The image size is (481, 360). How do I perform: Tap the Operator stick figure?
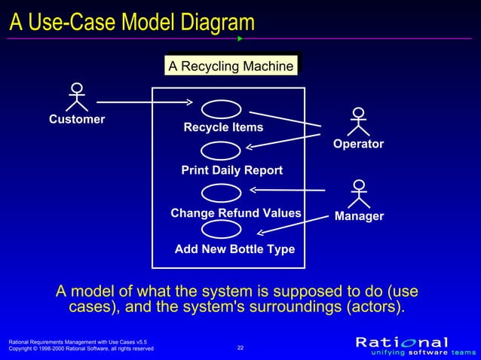(358, 122)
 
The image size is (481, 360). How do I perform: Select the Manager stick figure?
(359, 194)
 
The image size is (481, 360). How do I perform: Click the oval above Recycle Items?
(221, 108)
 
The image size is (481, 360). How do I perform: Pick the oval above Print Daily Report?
(221, 151)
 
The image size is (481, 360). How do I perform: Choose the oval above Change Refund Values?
(221, 194)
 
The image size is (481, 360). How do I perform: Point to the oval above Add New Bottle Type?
(221, 230)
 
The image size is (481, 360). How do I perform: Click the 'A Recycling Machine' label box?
(231, 66)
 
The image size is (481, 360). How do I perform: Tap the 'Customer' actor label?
(77, 119)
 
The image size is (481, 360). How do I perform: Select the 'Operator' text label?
(358, 144)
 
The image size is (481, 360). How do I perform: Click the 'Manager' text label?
(359, 216)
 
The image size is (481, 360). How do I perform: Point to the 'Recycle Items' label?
(223, 127)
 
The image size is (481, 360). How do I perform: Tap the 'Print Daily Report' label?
(231, 170)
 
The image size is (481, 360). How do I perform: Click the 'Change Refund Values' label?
(235, 213)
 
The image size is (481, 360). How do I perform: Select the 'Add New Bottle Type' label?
(234, 249)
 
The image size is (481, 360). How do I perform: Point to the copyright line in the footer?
(81, 349)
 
